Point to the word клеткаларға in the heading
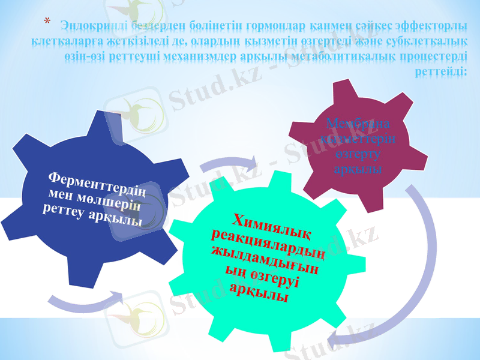pyautogui.click(x=65, y=41)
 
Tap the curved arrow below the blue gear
pyautogui.click(x=84, y=301)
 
